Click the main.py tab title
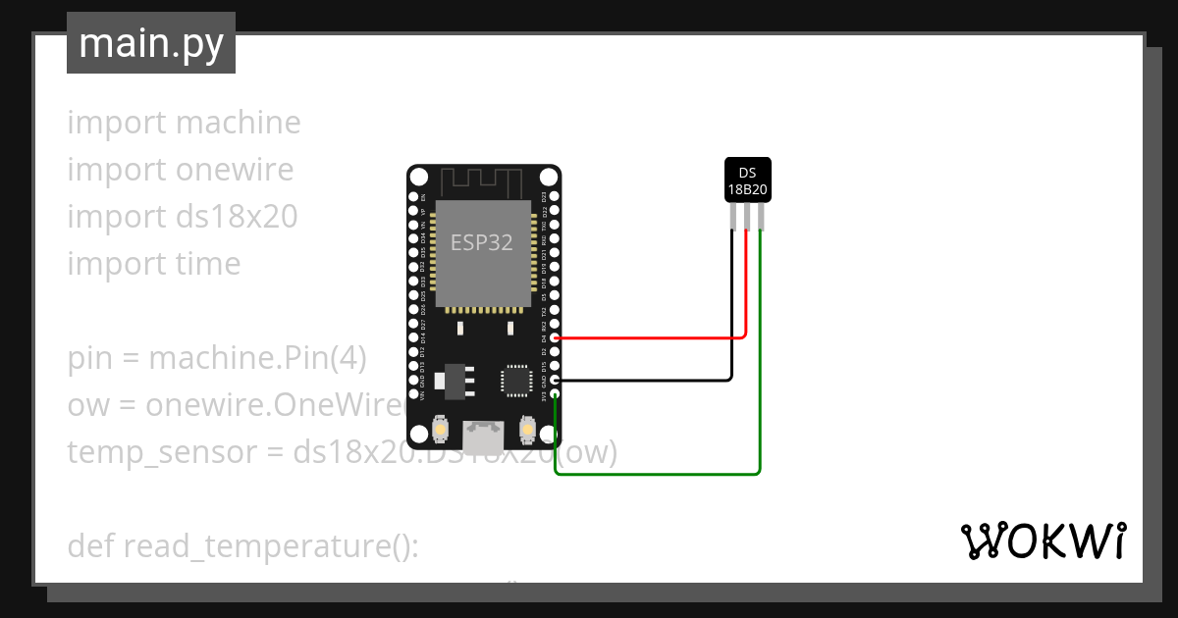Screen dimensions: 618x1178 point(151,44)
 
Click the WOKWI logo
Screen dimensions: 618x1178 point(1044,541)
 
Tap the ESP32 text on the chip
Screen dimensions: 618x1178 point(481,242)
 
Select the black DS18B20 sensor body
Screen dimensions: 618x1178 point(747,180)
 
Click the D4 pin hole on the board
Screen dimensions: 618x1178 point(556,337)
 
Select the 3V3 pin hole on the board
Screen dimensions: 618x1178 point(556,394)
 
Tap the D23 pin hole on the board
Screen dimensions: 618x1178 point(556,196)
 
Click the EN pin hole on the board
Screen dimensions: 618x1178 point(413,196)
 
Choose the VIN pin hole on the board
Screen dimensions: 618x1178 point(413,394)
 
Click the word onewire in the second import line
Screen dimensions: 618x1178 point(235,170)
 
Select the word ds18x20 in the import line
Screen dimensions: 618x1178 point(237,217)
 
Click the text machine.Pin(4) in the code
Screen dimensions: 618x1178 point(257,358)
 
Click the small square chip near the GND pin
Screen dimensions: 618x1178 point(515,381)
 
